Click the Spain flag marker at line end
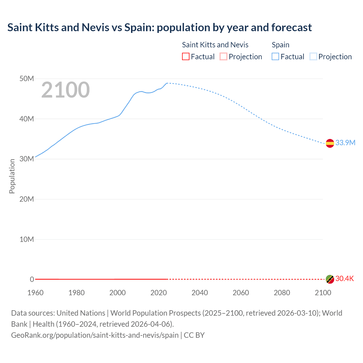[330, 143]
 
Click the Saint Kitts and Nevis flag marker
[330, 279]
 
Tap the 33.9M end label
[345, 143]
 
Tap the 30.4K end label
[345, 278]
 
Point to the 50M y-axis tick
[27, 79]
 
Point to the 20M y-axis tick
[27, 199]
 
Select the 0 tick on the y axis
[32, 279]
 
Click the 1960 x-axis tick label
[35, 293]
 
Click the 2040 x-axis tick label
[200, 293]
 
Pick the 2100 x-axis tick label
[323, 293]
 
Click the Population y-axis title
[12, 176]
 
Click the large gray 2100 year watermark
[66, 90]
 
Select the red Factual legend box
[186, 56]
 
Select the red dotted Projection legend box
[223, 56]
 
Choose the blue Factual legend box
[275, 56]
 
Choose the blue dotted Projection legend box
[313, 56]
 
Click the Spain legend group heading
[280, 45]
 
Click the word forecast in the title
[292, 28]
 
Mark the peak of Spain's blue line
[167, 83]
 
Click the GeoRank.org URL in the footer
[95, 335]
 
